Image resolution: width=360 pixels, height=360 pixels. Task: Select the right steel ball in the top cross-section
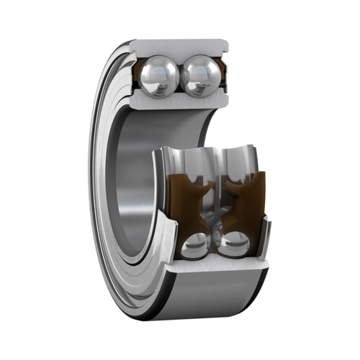[198, 76]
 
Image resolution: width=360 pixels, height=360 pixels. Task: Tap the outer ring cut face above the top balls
[180, 47]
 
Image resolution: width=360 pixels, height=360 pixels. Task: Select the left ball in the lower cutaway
[192, 246]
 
